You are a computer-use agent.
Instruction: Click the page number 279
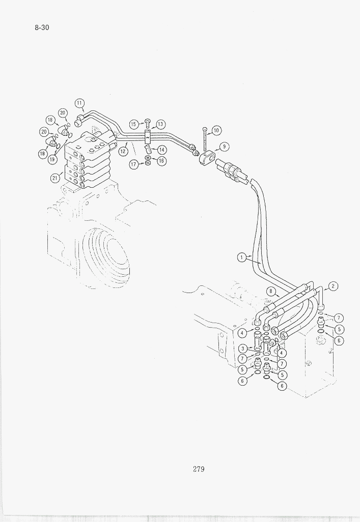tap(199, 469)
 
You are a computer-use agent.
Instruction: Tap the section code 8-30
tap(42, 27)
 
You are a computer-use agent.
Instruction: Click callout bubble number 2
tap(333, 286)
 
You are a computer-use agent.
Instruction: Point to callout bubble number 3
tap(243, 349)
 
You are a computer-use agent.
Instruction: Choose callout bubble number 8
tap(271, 292)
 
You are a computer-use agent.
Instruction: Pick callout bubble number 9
tap(225, 147)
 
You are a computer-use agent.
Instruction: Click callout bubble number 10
tap(216, 130)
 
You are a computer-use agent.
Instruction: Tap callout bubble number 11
tap(79, 103)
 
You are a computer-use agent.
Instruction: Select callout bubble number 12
tap(123, 151)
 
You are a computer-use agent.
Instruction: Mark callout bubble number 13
tap(160, 124)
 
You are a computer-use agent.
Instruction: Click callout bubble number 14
tap(161, 150)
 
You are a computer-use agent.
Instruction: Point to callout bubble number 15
tap(134, 124)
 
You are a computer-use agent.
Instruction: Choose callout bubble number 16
tap(161, 161)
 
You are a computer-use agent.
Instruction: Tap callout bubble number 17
tap(134, 164)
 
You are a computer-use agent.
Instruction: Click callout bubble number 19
tap(52, 159)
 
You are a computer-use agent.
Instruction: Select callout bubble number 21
tap(55, 178)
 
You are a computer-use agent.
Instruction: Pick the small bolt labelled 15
tap(149, 124)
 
